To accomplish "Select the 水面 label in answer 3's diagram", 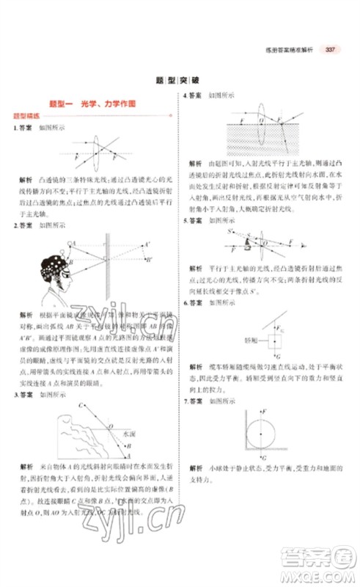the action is pyautogui.click(x=128, y=434).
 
